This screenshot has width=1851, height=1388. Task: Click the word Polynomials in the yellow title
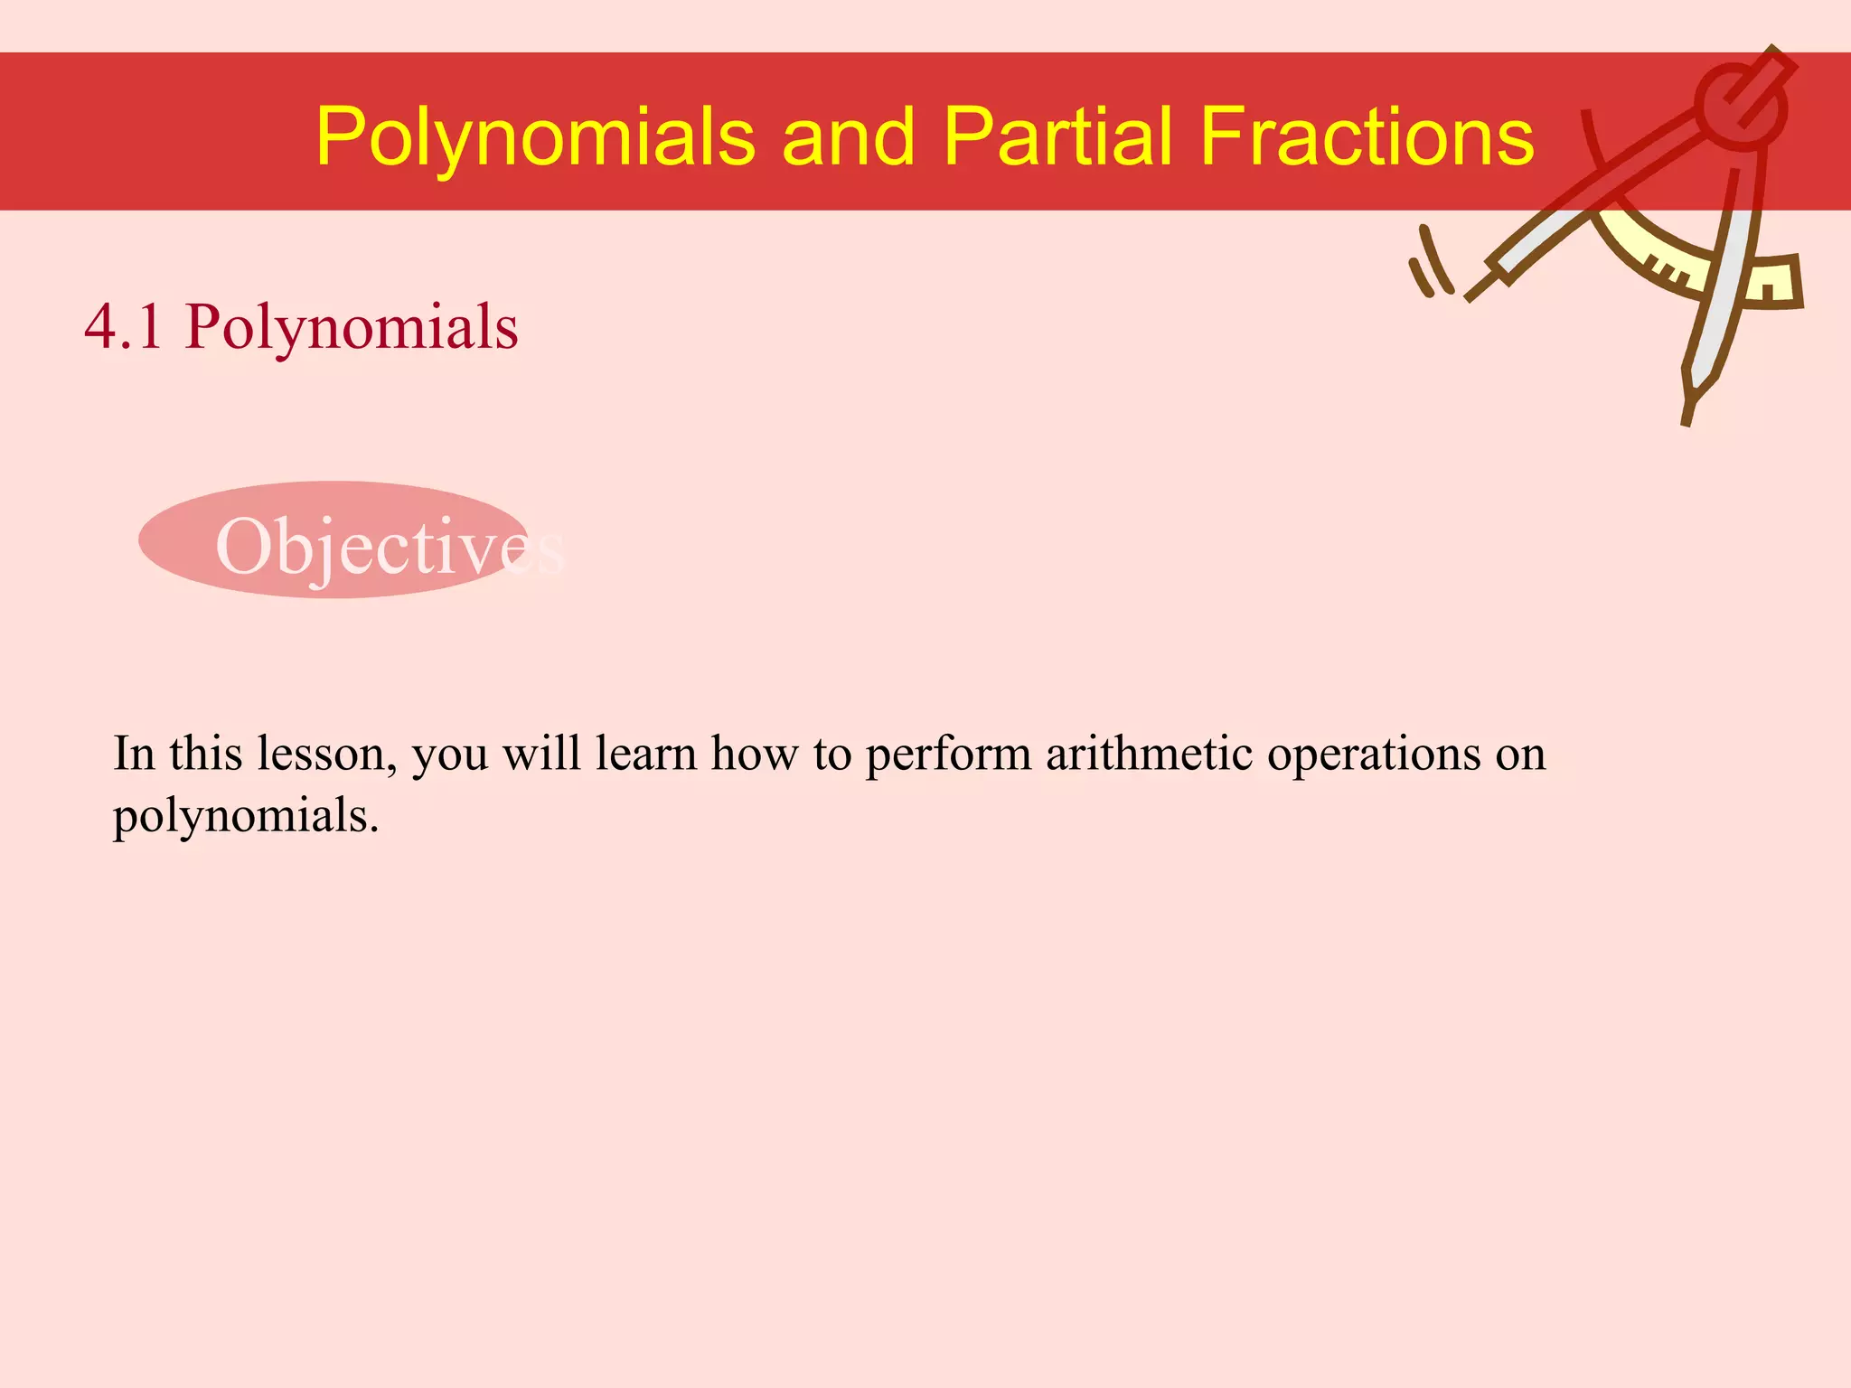tap(535, 137)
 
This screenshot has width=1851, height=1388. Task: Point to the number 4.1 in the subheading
tap(124, 326)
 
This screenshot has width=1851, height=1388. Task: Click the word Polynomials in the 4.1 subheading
tap(352, 328)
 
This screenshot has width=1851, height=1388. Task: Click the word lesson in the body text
tap(326, 754)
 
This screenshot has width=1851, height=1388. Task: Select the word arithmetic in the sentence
tap(1148, 754)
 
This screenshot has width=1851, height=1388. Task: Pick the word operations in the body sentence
tap(1373, 755)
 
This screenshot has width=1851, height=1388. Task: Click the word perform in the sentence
tap(948, 755)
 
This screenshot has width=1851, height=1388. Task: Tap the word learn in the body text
tap(645, 754)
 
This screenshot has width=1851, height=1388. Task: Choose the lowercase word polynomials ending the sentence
tap(245, 816)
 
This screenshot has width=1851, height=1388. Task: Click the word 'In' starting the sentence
tap(134, 754)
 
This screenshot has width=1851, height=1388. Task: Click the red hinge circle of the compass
tap(1740, 107)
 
